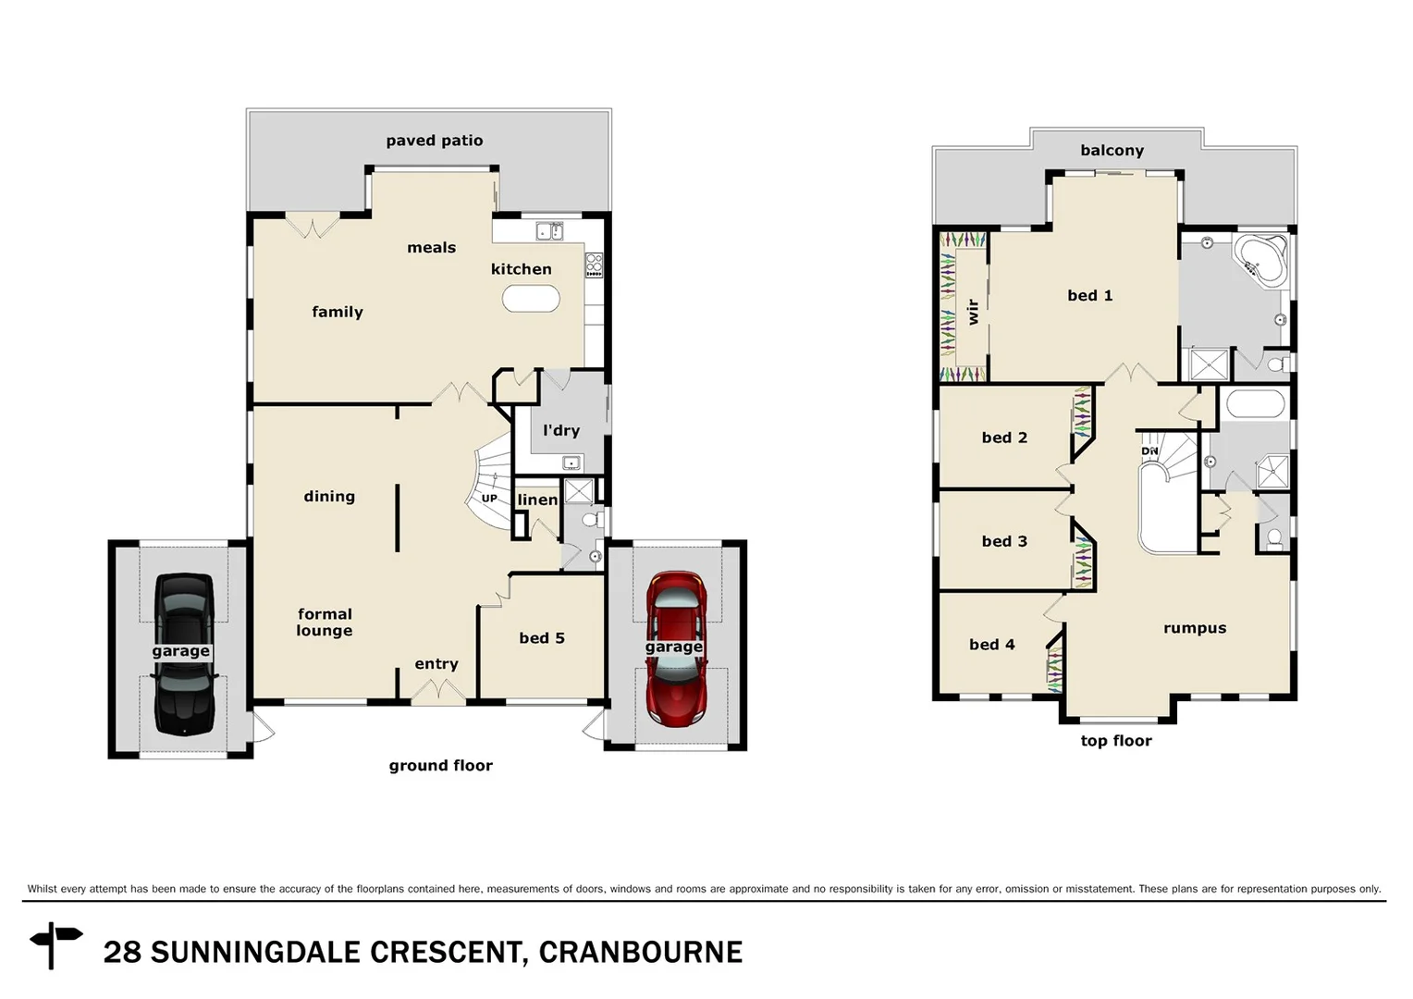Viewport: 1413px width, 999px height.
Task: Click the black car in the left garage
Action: [x=183, y=654]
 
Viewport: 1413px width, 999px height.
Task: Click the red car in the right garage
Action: [x=676, y=648]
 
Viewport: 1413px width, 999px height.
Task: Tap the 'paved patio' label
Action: [x=434, y=141]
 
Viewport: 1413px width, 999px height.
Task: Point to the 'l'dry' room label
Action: [x=560, y=430]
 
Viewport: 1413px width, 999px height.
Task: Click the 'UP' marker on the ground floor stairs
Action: [x=489, y=499]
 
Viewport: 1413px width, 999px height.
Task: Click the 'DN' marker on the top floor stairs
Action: [x=1149, y=451]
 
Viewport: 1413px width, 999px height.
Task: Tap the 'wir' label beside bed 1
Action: [x=972, y=311]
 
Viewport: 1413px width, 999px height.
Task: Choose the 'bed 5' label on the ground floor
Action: [x=541, y=638]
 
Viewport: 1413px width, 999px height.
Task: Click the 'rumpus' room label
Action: [x=1194, y=628]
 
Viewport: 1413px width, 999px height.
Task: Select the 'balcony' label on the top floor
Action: [x=1112, y=151]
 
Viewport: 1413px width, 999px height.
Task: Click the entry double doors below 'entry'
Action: [x=437, y=692]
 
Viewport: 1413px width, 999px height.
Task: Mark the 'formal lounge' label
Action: [x=325, y=623]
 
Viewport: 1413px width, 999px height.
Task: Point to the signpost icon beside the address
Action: [x=56, y=943]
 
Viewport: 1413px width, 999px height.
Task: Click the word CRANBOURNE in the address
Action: [x=640, y=953]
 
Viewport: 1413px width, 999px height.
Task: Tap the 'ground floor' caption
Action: [x=440, y=766]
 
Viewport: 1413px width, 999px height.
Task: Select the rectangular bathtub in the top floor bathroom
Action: [x=1254, y=404]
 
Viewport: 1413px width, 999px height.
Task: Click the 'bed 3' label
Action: [x=1004, y=542]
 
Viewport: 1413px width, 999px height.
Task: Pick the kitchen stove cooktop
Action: [x=594, y=265]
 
